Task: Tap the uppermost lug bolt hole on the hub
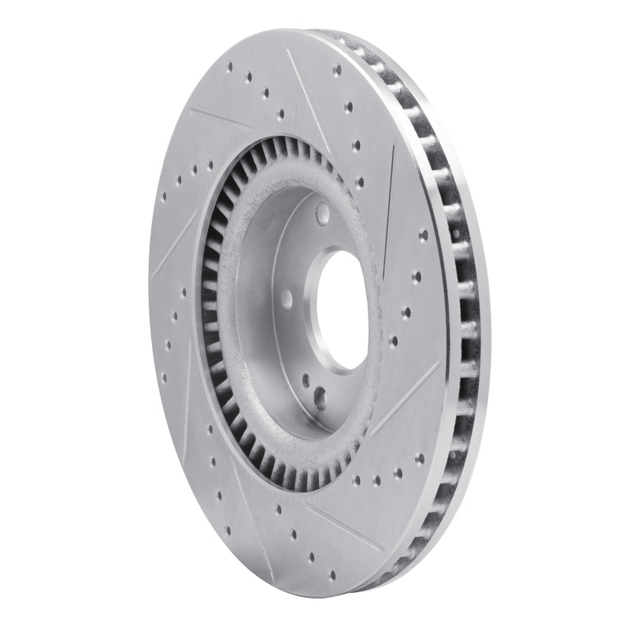(x=323, y=213)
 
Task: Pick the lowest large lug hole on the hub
(x=320, y=398)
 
